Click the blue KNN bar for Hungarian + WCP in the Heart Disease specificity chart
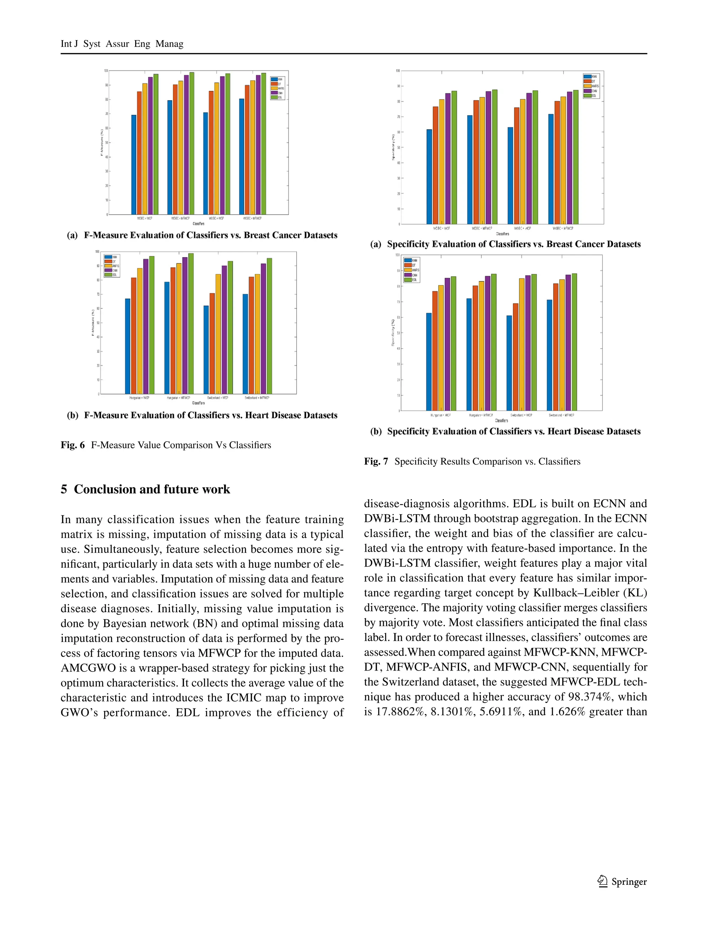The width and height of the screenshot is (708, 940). click(x=429, y=361)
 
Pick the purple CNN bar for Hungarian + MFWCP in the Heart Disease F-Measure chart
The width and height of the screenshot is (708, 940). click(x=185, y=325)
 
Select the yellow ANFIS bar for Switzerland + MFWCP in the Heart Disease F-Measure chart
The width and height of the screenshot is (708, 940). click(x=257, y=334)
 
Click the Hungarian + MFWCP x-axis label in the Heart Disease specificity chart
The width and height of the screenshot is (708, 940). click(x=481, y=415)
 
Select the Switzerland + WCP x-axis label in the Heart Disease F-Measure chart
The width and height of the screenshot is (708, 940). click(x=218, y=398)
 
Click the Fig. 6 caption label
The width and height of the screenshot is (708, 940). click(x=72, y=445)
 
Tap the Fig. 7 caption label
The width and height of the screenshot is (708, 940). click(x=376, y=462)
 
